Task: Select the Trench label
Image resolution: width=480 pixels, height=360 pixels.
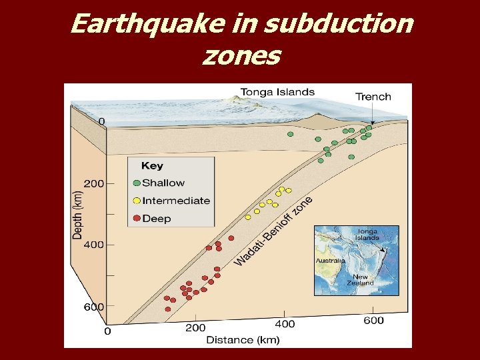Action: (x=373, y=97)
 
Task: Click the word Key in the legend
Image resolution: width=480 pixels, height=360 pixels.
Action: (x=152, y=166)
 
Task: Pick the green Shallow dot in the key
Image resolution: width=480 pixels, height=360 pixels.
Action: (x=137, y=183)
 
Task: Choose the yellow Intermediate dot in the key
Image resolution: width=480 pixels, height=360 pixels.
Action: (x=137, y=201)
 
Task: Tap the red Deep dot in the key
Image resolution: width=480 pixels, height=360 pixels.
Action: (x=137, y=219)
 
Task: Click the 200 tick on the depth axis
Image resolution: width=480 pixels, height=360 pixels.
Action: (x=93, y=184)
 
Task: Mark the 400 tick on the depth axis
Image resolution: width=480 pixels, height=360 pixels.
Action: (x=93, y=245)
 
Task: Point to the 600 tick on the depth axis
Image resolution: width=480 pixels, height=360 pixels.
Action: (x=93, y=307)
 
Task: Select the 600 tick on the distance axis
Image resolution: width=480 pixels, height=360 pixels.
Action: (x=373, y=321)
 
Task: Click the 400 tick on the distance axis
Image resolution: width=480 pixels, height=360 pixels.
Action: (x=284, y=325)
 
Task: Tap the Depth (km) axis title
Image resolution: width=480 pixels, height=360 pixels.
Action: (x=78, y=213)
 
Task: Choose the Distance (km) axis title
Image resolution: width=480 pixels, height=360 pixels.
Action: (x=242, y=340)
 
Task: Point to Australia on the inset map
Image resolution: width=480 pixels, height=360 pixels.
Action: (x=330, y=260)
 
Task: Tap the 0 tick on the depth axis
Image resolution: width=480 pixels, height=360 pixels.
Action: (x=101, y=122)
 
